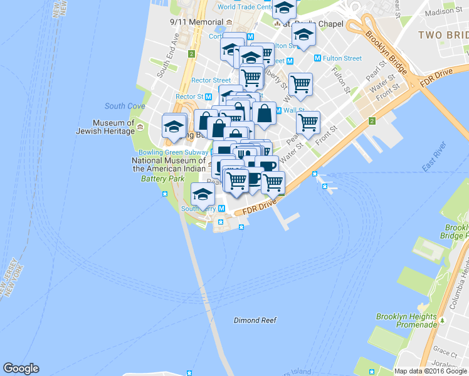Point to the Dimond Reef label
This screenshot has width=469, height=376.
pos(255,320)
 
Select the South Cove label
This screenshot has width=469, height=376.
pos(125,106)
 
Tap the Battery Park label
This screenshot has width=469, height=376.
pos(158,179)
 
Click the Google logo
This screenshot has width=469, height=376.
pos(21,368)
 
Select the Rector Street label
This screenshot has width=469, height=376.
pos(211,80)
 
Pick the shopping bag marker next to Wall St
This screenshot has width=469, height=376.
pos(265,114)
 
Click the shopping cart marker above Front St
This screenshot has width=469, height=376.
pos(307,123)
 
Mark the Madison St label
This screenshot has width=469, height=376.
pos(442,12)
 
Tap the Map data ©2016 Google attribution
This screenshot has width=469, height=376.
pos(431,371)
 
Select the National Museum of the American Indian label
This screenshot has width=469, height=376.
pos(169,164)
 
